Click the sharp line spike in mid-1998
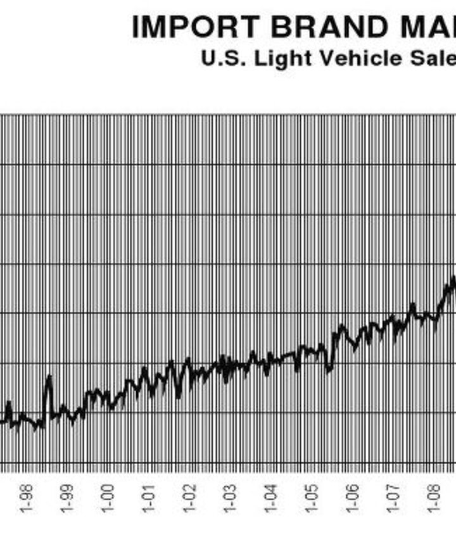49,377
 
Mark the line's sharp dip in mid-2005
328,370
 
